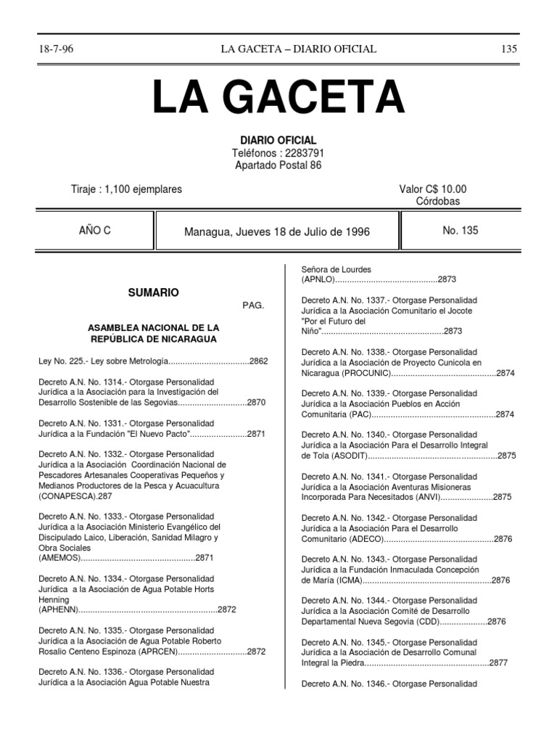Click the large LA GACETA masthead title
278,98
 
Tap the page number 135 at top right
509,49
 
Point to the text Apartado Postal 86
278,165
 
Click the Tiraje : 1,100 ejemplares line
125,189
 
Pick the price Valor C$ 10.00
433,189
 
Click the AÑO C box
94,231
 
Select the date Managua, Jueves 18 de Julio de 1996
277,231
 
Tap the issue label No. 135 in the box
461,231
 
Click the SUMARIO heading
153,292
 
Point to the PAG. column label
254,305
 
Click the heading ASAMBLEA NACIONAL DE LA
153,328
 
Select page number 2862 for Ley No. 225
259,361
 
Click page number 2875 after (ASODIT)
507,456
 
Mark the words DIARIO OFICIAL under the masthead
278,140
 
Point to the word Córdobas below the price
438,201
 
